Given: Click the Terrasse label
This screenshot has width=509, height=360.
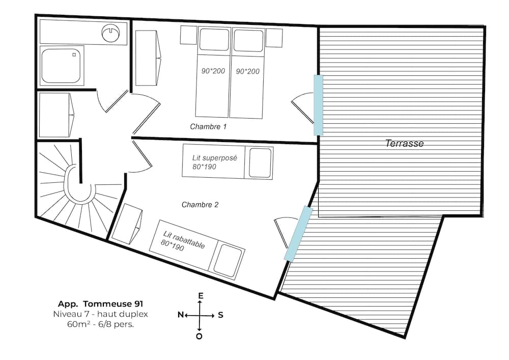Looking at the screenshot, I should pyautogui.click(x=404, y=144).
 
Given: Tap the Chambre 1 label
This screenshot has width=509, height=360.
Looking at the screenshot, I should pyautogui.click(x=208, y=126).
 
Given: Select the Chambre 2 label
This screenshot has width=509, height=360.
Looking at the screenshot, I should pyautogui.click(x=200, y=205).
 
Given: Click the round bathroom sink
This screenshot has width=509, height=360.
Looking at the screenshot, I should pyautogui.click(x=110, y=33).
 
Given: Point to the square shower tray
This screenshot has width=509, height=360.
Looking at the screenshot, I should pyautogui.click(x=61, y=65).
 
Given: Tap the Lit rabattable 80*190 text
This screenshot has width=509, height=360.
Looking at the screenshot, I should pyautogui.click(x=184, y=242).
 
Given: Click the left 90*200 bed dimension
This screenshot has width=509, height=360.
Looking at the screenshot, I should pyautogui.click(x=213, y=71).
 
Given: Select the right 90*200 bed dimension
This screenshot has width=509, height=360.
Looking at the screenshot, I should pyautogui.click(x=247, y=71).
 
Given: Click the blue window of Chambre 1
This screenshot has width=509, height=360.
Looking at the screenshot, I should pyautogui.click(x=318, y=105).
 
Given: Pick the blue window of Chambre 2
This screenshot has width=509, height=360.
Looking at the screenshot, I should pyautogui.click(x=298, y=233).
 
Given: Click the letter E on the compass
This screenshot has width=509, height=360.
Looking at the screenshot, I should pyautogui.click(x=201, y=296).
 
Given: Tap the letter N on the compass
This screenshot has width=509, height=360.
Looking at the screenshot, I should pyautogui.click(x=180, y=315).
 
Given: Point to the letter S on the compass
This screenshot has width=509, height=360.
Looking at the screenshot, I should pyautogui.click(x=220, y=315).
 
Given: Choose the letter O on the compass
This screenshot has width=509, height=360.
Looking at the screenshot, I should pyautogui.click(x=200, y=336).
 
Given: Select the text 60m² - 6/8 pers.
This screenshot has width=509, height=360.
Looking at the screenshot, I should pyautogui.click(x=93, y=324).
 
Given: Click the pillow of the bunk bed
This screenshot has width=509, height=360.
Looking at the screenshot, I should pyautogui.click(x=260, y=162).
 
